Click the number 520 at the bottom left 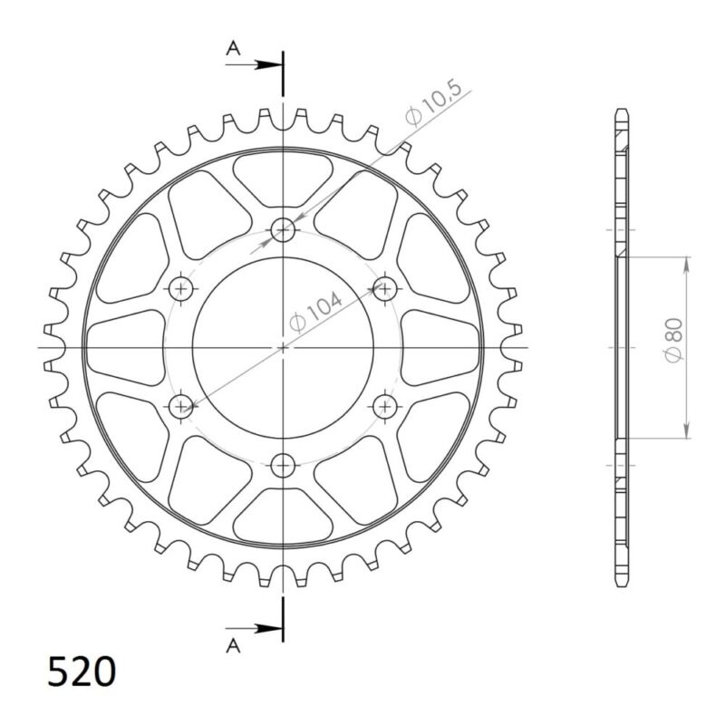[82, 672]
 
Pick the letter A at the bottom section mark [233, 644]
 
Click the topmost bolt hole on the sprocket [285, 230]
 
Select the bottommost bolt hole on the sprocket [285, 464]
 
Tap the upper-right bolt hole [386, 289]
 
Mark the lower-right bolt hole [386, 405]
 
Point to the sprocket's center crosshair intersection [285, 347]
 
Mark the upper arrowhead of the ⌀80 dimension [687, 263]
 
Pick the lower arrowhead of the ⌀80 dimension [687, 431]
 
